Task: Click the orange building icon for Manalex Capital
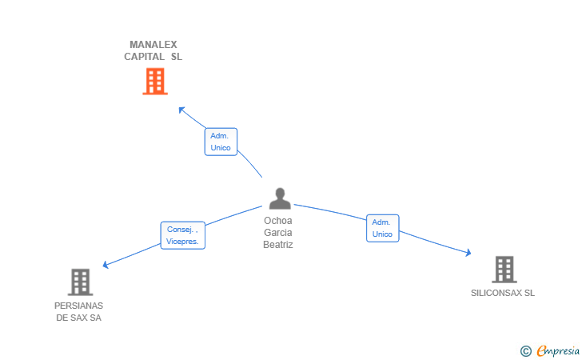(155, 82)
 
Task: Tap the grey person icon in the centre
(280, 198)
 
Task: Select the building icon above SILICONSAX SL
(504, 270)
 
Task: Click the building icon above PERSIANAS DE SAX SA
(80, 282)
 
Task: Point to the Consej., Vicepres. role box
(182, 235)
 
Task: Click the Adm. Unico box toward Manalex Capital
(221, 142)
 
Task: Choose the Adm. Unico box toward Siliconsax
(383, 228)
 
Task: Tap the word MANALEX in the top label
(153, 45)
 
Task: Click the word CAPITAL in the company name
(145, 57)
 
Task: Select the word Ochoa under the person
(278, 221)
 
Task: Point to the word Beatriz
(278, 245)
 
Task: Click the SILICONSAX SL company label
(503, 293)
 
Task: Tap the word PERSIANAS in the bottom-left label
(78, 306)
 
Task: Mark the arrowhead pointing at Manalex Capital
(181, 110)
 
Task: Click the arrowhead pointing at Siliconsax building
(468, 253)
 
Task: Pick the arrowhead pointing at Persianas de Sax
(106, 265)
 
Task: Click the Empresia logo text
(558, 350)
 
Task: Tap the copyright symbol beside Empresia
(525, 351)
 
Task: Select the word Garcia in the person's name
(278, 233)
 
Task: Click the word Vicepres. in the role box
(182, 242)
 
